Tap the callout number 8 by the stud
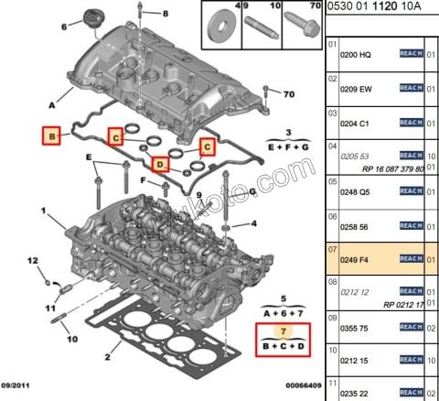point(166,16)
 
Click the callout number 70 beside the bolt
point(288,95)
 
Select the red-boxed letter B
point(53,138)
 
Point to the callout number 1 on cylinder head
point(42,211)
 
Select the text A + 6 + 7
point(284,312)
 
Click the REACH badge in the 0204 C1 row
point(412,122)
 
